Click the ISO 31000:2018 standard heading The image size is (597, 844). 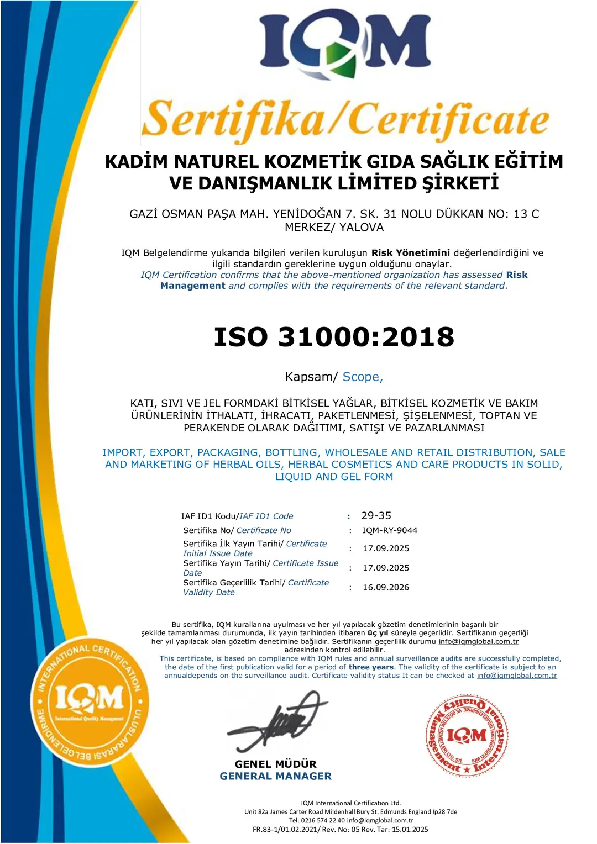point(334,337)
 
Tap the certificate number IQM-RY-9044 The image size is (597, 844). point(390,530)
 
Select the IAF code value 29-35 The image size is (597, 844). point(376,515)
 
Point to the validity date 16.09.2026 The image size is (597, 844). point(386,587)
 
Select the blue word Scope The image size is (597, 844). point(362,377)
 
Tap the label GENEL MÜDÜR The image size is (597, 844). point(275,764)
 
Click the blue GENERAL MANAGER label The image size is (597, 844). point(275,776)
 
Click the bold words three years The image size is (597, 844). point(371,667)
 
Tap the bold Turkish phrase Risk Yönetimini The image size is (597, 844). point(410,252)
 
